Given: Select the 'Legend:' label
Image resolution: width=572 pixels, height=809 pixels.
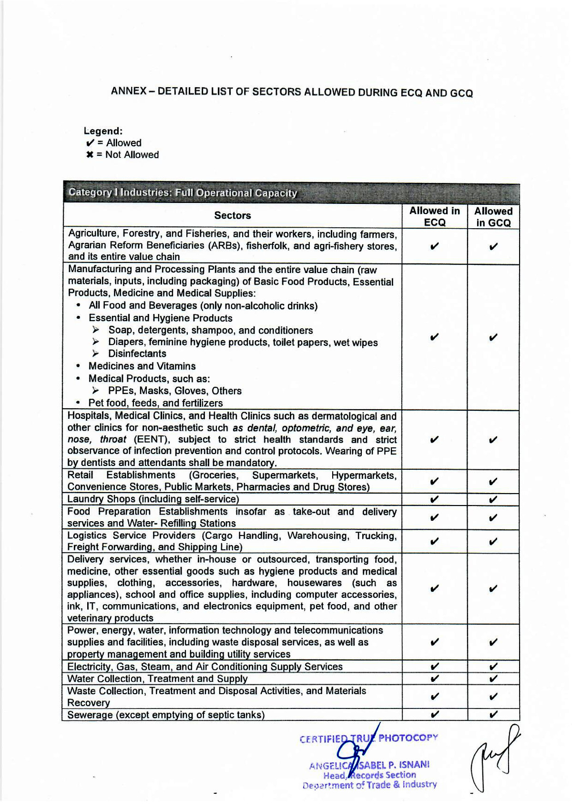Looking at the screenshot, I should click(103, 131).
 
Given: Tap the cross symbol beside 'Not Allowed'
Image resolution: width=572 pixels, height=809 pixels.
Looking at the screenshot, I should click(89, 155).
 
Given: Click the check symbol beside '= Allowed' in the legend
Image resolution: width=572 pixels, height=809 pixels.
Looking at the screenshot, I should click(90, 143).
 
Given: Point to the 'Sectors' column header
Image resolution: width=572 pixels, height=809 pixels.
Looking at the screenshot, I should click(232, 215).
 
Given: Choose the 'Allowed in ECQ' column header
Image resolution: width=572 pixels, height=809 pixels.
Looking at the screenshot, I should click(434, 216).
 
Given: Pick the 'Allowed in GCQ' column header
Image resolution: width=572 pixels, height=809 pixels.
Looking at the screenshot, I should click(493, 217).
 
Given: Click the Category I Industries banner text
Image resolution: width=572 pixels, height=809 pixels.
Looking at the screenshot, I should click(183, 193).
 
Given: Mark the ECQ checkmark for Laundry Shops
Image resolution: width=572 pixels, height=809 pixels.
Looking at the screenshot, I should click(434, 499).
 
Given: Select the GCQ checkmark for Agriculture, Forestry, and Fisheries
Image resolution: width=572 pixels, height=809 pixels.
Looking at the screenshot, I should click(493, 247).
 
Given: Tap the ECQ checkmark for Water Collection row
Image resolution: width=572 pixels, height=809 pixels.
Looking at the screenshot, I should click(434, 678).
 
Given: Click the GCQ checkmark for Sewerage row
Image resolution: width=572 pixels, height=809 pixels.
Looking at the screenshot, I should click(493, 714).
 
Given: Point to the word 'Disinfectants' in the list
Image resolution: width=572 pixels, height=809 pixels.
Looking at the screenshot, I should click(137, 354).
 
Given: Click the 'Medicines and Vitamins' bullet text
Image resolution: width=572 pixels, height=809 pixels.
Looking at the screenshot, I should click(142, 366).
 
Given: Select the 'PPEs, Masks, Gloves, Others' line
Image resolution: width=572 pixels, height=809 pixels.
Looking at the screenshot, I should click(174, 391).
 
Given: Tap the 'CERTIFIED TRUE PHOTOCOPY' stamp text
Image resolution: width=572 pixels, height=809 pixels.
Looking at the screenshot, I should click(368, 738).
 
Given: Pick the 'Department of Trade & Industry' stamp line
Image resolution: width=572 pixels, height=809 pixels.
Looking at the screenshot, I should click(369, 785).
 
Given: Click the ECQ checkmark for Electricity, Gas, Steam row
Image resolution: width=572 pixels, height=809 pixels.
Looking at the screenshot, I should click(434, 666).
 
